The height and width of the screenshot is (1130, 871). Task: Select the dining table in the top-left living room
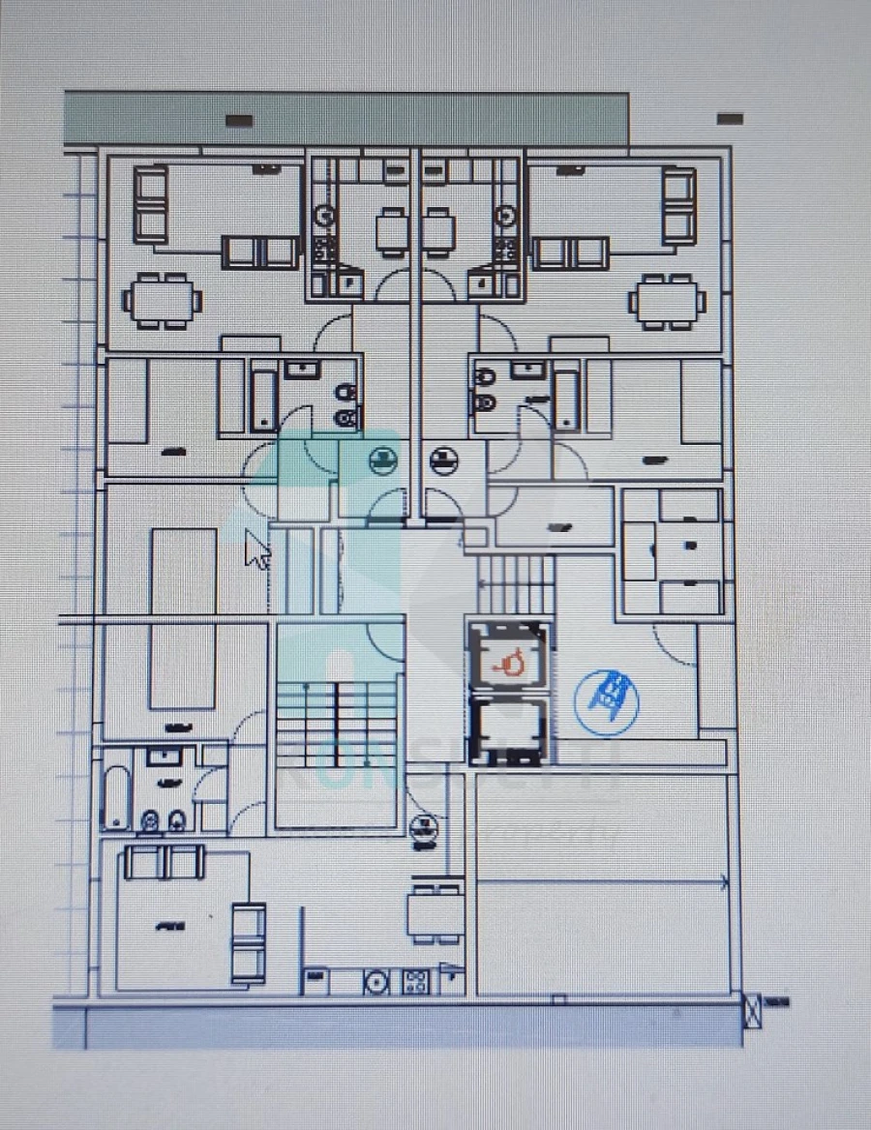click(163, 299)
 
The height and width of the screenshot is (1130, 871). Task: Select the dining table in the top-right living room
click(668, 300)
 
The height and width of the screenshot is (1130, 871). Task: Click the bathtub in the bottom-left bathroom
click(115, 797)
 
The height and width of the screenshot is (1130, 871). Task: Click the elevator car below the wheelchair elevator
click(509, 729)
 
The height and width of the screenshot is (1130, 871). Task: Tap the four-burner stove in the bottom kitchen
click(415, 981)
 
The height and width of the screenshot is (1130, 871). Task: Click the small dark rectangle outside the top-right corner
click(731, 119)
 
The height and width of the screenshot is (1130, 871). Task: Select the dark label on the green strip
click(239, 121)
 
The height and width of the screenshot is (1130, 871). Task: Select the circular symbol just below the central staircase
click(422, 828)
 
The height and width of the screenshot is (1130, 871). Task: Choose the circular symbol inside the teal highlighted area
click(383, 461)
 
